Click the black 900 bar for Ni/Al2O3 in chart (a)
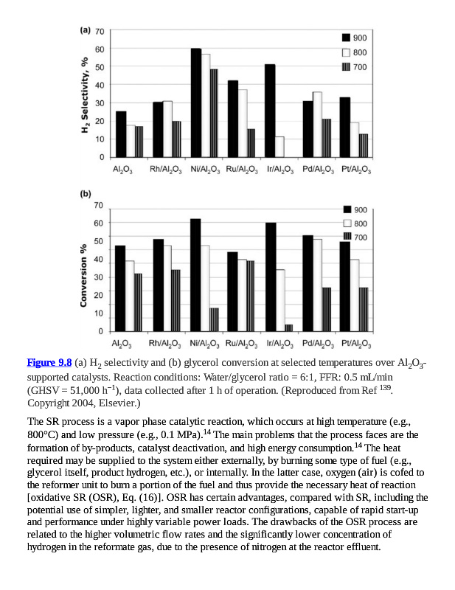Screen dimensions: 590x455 [x=196, y=103]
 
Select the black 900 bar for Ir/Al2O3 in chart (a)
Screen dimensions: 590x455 [x=270, y=111]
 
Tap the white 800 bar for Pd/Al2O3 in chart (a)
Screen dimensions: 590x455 [x=317, y=125]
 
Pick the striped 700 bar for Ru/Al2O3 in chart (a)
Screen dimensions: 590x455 [x=251, y=143]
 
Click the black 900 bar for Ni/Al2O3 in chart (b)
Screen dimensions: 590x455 [x=195, y=276]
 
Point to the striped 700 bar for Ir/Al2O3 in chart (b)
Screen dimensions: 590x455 [x=288, y=327]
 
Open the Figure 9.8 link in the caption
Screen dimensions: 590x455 [x=49, y=362]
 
